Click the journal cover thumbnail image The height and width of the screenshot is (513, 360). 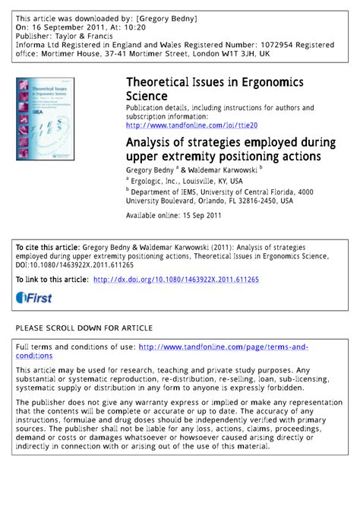[x=44, y=119]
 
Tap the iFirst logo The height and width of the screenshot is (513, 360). [x=34, y=298]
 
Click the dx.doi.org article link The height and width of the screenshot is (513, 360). [x=175, y=280]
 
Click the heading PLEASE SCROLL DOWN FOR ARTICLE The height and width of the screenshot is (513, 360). [x=84, y=328]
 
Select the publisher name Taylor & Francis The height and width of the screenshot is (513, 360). [x=87, y=35]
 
